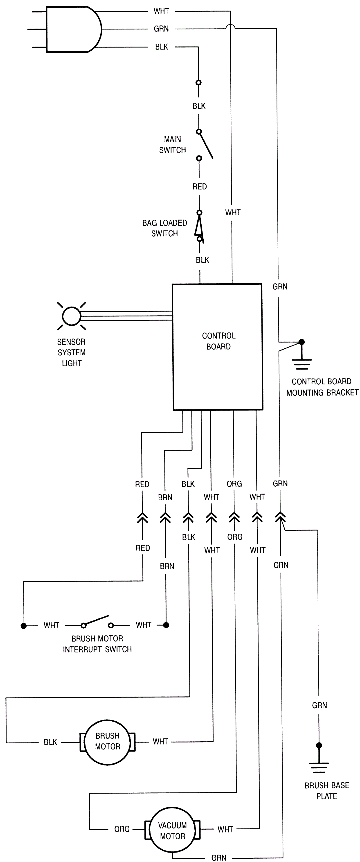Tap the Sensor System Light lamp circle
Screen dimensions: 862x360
pos(72,316)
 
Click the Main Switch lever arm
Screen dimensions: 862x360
pos(206,144)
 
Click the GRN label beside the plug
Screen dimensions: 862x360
pos(161,29)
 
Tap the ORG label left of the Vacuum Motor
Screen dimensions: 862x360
pos(122,829)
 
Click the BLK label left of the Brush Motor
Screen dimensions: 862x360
pos(51,742)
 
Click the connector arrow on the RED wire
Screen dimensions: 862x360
pos(142,518)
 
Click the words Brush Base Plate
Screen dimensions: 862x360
pos(326,791)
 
